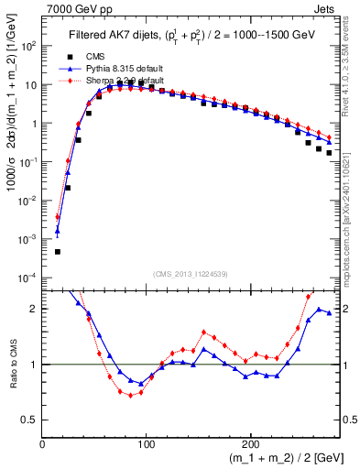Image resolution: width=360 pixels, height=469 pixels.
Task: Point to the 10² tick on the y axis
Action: pyautogui.click(x=27, y=46)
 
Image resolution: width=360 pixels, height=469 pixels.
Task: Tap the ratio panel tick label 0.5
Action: pyautogui.click(x=29, y=420)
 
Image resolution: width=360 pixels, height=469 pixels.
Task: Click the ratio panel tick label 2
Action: pyautogui.click(x=33, y=309)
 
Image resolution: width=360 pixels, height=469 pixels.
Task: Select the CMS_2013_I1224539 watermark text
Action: pyautogui.click(x=191, y=272)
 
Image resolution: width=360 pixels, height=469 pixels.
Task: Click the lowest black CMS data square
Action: pyautogui.click(x=57, y=251)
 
